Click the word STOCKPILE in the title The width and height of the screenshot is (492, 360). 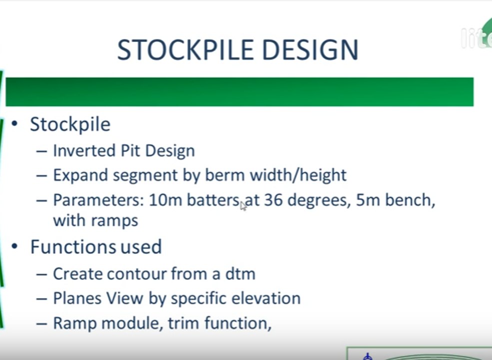(x=185, y=49)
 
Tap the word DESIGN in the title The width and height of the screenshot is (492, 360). (x=310, y=49)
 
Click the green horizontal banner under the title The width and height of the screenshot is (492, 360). (x=239, y=91)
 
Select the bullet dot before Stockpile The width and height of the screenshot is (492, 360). (x=14, y=123)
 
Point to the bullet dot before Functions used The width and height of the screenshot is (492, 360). (x=14, y=246)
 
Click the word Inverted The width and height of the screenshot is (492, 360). (x=85, y=150)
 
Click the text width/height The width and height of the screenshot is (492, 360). (x=298, y=174)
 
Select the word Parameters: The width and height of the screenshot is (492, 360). (x=98, y=200)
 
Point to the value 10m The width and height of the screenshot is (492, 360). (x=165, y=200)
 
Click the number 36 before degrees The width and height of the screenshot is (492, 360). (x=273, y=200)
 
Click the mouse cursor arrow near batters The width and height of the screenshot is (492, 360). (x=243, y=206)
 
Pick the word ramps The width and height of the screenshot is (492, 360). (x=114, y=220)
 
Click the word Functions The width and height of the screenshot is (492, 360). (x=73, y=246)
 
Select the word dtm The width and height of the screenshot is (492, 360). (x=240, y=273)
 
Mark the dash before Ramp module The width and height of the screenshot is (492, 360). (x=41, y=323)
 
